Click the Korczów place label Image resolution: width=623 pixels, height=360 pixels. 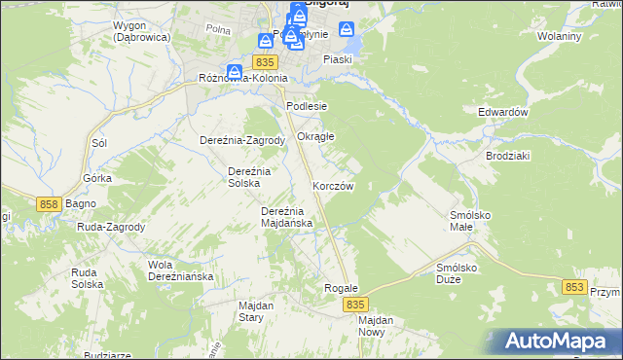pyautogui.click(x=332, y=186)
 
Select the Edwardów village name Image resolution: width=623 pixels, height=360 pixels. pyautogui.click(x=502, y=112)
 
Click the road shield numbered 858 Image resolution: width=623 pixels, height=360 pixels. pyautogui.click(x=51, y=203)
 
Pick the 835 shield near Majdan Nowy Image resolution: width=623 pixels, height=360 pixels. pyautogui.click(x=355, y=305)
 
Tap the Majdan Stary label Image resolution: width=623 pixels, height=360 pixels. pyautogui.click(x=256, y=310)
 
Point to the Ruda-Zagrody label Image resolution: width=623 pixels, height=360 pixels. pyautogui.click(x=112, y=227)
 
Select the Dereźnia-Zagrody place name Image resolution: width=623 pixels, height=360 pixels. pyautogui.click(x=241, y=140)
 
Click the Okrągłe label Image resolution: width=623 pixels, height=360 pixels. pyautogui.click(x=315, y=136)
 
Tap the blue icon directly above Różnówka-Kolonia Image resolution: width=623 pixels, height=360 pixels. pyautogui.click(x=234, y=71)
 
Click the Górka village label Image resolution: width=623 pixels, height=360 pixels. pyautogui.click(x=98, y=179)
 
